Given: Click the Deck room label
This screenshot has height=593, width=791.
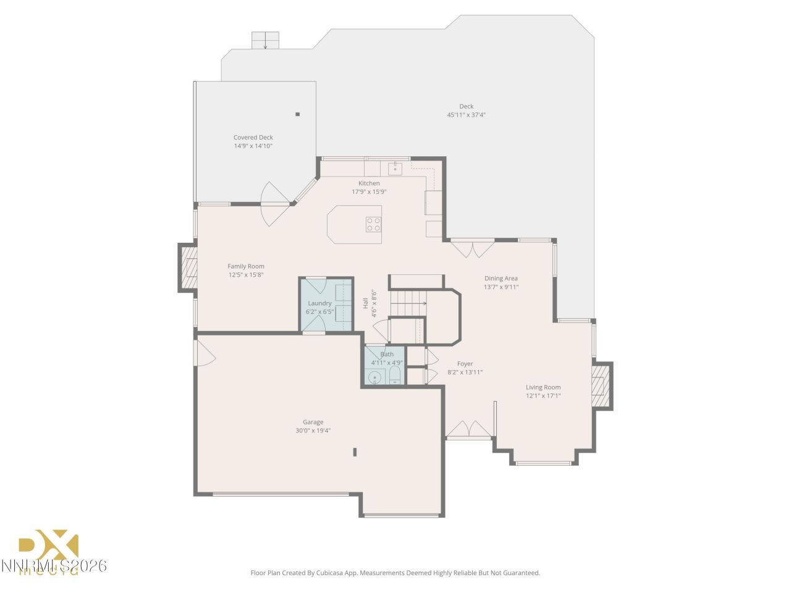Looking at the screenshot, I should pos(466,106).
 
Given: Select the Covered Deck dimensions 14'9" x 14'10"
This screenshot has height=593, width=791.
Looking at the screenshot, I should pos(253,146).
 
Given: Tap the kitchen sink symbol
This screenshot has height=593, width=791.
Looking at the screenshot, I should pos(395,167).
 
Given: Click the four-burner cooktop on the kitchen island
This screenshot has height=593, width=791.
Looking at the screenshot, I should pos(373,224).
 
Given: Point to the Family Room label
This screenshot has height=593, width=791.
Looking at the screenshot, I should pos(245,266).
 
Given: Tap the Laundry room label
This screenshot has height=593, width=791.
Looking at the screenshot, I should pos(319,303).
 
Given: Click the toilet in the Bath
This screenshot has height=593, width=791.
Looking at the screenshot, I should pos(395,376).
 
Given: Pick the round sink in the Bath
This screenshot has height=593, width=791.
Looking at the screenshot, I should pos(374,377).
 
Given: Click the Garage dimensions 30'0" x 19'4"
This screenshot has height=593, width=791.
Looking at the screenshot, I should pos(313,431).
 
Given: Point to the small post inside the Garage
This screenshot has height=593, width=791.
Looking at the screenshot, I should pos(355,452).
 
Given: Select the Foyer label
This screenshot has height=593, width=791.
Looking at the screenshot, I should pos(465,364).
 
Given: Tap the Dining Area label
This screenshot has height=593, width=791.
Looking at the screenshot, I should pos(501,278).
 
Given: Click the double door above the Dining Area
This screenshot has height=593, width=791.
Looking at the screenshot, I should pos(472,248).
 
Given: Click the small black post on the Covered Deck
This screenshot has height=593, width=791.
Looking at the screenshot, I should pos(297,114).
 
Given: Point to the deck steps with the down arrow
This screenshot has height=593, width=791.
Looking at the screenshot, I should pos(265,41).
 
